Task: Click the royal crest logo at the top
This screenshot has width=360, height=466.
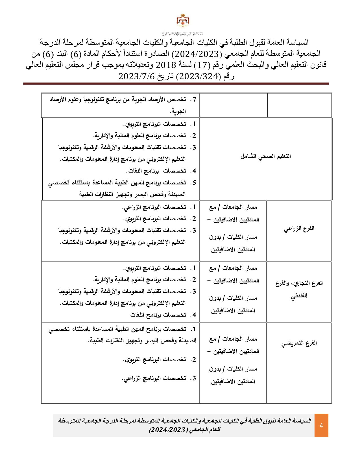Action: [183, 21]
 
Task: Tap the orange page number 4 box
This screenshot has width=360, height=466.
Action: [321, 425]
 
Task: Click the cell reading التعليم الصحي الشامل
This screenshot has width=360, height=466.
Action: [265, 156]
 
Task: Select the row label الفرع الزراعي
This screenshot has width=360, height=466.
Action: [299, 228]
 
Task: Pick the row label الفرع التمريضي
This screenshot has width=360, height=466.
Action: [299, 343]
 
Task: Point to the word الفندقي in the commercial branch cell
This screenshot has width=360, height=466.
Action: [299, 296]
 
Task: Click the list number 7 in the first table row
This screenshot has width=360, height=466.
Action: [193, 99]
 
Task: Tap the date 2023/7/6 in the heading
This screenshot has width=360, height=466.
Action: [133, 76]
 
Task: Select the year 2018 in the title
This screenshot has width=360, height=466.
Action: [166, 65]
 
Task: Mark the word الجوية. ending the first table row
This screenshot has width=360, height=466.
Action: [178, 111]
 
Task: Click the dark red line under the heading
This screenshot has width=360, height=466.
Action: [176, 84]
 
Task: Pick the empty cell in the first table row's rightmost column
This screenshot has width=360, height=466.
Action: [299, 105]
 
